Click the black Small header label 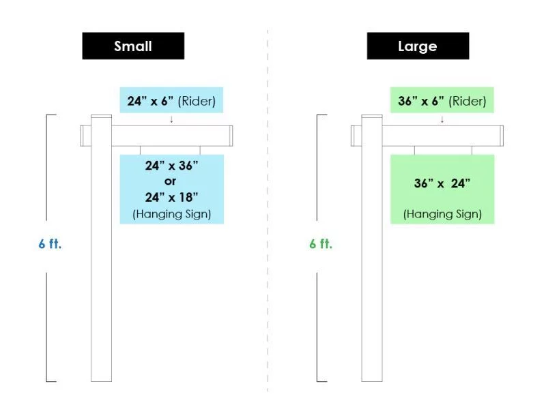133,46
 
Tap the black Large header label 418,46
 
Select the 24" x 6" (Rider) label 171,100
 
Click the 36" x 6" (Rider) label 442,100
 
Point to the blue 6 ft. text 50,243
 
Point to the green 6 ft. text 321,243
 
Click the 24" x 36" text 172,166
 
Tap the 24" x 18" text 172,197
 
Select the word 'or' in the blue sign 170,181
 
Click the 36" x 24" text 442,183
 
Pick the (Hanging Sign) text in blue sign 172,213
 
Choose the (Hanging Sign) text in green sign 442,213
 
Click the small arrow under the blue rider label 171,119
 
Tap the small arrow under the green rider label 442,119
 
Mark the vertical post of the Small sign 101,247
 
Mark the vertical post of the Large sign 372,247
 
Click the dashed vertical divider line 268,211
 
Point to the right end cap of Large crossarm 502,136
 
